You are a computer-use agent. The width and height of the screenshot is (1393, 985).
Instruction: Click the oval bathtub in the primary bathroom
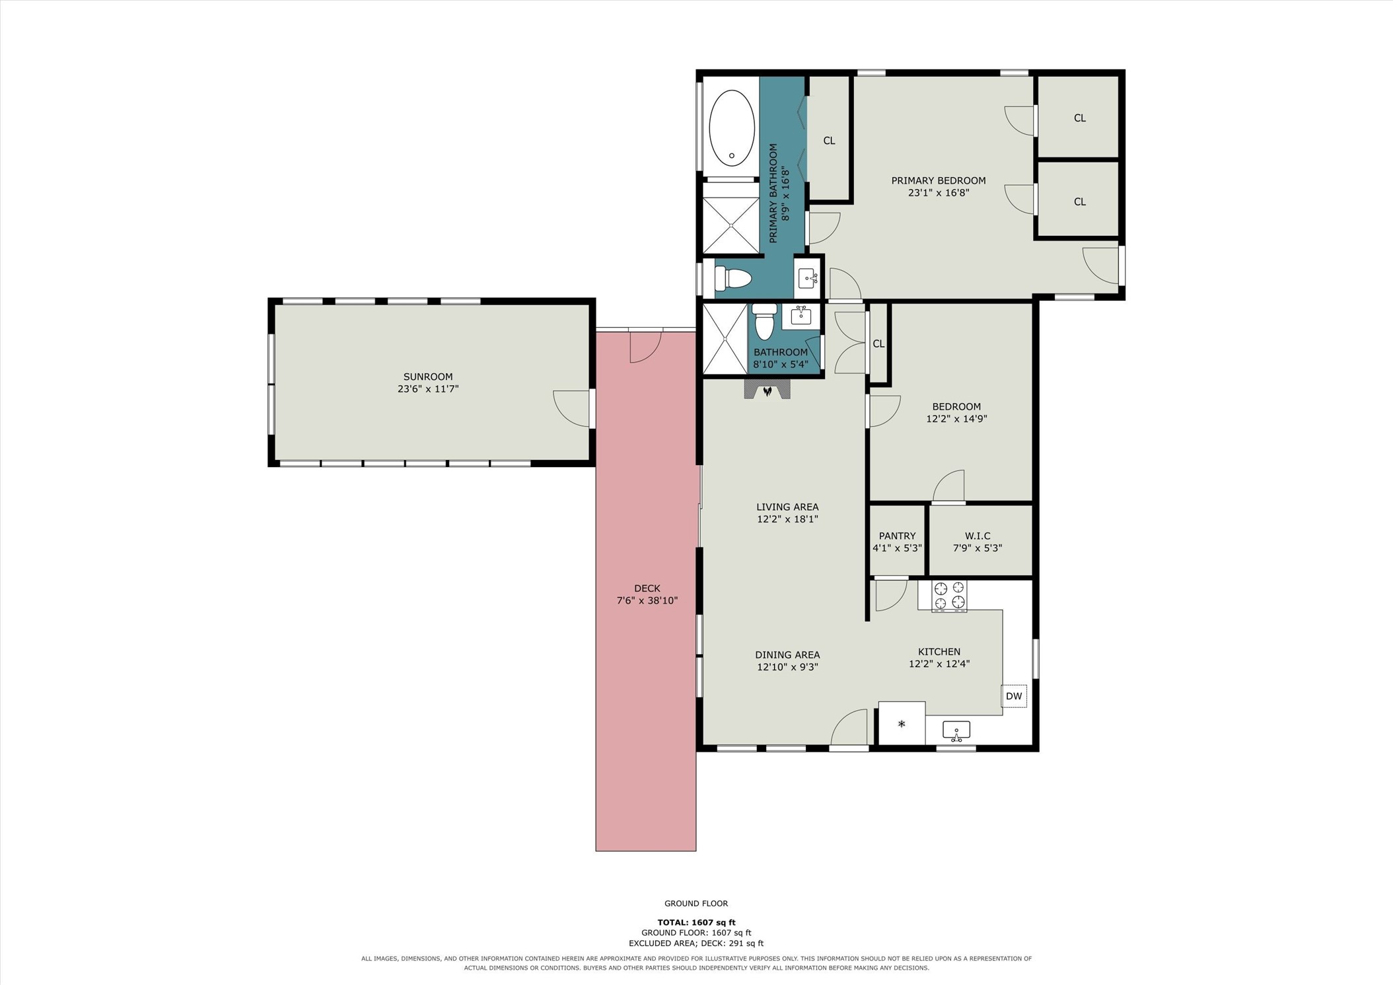point(731,128)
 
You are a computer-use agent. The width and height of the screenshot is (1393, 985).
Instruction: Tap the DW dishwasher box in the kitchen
point(1014,696)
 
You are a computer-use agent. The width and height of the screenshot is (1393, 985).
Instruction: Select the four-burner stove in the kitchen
point(949,595)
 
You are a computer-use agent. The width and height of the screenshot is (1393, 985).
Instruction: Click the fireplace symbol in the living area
point(767,390)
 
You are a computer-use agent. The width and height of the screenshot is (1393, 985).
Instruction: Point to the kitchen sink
point(956,731)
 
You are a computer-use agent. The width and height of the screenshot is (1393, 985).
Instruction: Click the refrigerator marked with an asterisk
point(902,723)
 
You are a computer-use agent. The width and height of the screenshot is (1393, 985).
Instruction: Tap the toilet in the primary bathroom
point(733,278)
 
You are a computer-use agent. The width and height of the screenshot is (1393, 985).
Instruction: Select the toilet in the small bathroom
point(765,322)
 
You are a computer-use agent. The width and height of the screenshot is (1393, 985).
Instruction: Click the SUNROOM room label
point(428,377)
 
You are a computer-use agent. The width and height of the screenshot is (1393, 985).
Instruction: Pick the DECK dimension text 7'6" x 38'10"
point(647,601)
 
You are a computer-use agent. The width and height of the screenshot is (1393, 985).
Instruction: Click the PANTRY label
point(897,536)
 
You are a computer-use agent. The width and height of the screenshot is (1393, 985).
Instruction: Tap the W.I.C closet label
point(978,536)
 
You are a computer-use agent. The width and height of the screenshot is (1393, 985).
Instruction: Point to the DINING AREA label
point(787,655)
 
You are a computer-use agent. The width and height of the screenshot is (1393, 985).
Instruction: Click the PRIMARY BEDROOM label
point(939,180)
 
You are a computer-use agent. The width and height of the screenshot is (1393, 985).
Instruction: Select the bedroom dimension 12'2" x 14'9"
point(956,418)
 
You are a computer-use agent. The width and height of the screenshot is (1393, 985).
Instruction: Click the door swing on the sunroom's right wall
point(572,408)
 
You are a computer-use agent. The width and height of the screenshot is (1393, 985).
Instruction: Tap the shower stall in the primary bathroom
point(731,225)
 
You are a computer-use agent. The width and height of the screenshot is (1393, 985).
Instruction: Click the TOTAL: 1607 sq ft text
point(696,922)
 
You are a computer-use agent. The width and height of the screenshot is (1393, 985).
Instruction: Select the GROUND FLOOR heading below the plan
point(696,903)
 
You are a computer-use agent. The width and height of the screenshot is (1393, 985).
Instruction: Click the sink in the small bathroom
point(801,316)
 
